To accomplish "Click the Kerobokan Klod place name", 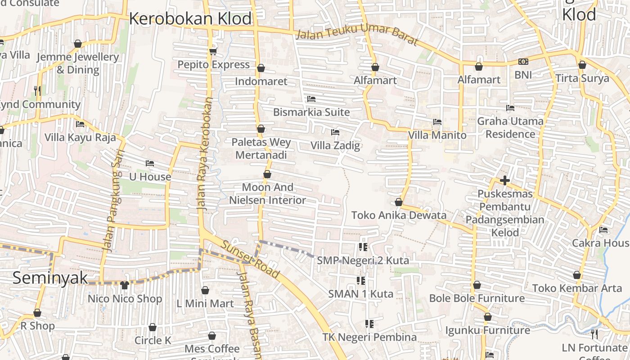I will pyautogui.click(x=190, y=19).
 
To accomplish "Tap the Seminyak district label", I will pyautogui.click(x=50, y=278).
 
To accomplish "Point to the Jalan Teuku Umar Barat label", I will pyautogui.click(x=357, y=39).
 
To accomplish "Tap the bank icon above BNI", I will pyautogui.click(x=523, y=62).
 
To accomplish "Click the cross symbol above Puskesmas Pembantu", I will pyautogui.click(x=504, y=181).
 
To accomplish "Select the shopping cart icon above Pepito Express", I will pyautogui.click(x=213, y=51).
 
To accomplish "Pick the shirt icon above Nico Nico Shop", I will pyautogui.click(x=125, y=285).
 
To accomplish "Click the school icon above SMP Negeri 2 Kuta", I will pyautogui.click(x=363, y=247).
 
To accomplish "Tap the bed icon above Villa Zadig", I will pyautogui.click(x=335, y=132).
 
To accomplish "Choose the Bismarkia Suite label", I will pyautogui.click(x=311, y=112).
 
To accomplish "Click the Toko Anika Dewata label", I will pyautogui.click(x=399, y=215).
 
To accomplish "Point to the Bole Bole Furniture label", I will pyautogui.click(x=477, y=298).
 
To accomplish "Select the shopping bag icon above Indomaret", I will pyautogui.click(x=261, y=68).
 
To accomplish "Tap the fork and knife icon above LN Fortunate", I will pyautogui.click(x=594, y=334).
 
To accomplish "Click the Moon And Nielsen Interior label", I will pyautogui.click(x=268, y=193).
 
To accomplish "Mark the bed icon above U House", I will pyautogui.click(x=150, y=163).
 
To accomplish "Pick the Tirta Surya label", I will pyautogui.click(x=582, y=78).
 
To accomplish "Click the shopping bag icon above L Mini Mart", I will pyautogui.click(x=205, y=291).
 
